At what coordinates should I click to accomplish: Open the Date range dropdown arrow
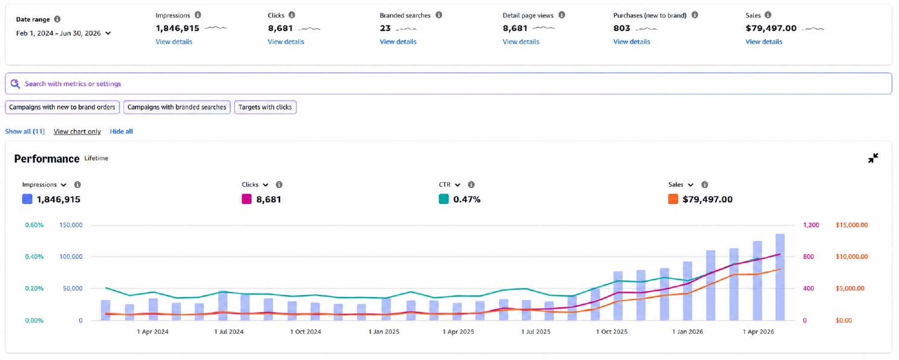tap(108, 33)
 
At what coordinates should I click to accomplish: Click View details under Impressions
tap(174, 42)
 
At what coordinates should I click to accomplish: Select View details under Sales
tap(763, 42)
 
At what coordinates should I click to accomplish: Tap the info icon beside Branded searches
tap(439, 15)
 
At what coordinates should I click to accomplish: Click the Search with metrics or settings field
tap(448, 83)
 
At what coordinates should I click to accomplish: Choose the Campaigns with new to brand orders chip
tap(62, 107)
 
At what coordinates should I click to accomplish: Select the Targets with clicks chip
tap(265, 107)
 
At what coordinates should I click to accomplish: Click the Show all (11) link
tap(25, 131)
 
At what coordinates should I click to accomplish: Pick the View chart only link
tap(77, 131)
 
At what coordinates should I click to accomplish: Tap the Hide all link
tap(121, 131)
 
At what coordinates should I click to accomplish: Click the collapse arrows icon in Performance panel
tap(873, 158)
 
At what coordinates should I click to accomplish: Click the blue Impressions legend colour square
tap(27, 199)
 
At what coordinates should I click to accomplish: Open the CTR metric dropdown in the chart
tap(457, 185)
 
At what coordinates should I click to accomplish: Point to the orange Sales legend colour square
tap(673, 199)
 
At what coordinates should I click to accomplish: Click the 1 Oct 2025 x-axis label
tap(611, 332)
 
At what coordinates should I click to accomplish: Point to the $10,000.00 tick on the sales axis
tap(852, 257)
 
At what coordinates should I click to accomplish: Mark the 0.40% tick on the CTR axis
tap(34, 257)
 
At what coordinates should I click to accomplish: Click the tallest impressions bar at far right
tap(780, 277)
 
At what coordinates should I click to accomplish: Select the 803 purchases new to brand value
tap(622, 28)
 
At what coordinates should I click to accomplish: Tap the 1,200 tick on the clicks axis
tap(811, 224)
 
